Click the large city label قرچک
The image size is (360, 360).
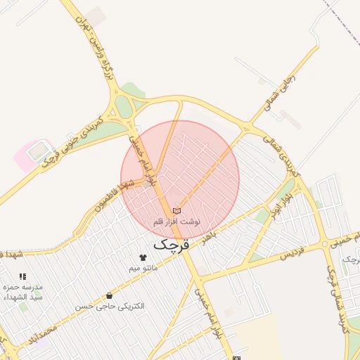point(172,244)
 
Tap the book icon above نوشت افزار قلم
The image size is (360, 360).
point(176,210)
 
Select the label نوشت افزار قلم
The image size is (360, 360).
point(177,221)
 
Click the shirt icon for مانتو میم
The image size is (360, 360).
point(143,257)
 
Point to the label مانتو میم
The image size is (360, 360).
point(144,268)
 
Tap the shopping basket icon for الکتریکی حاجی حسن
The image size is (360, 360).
point(109,295)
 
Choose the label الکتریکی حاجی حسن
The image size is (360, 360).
point(110,307)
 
